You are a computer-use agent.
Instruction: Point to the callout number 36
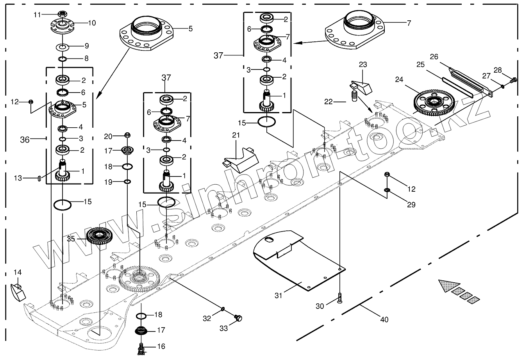pyautogui.click(x=25, y=139)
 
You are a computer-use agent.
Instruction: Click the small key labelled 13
pyautogui.click(x=39, y=178)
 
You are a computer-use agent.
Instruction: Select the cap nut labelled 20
pyautogui.click(x=127, y=135)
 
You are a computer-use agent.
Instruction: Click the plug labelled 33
pyautogui.click(x=237, y=318)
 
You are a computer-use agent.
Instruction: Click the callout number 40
pyautogui.click(x=384, y=319)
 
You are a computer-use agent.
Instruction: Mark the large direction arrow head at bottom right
pyautogui.click(x=446, y=286)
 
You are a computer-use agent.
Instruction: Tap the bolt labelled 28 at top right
pyautogui.click(x=513, y=80)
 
